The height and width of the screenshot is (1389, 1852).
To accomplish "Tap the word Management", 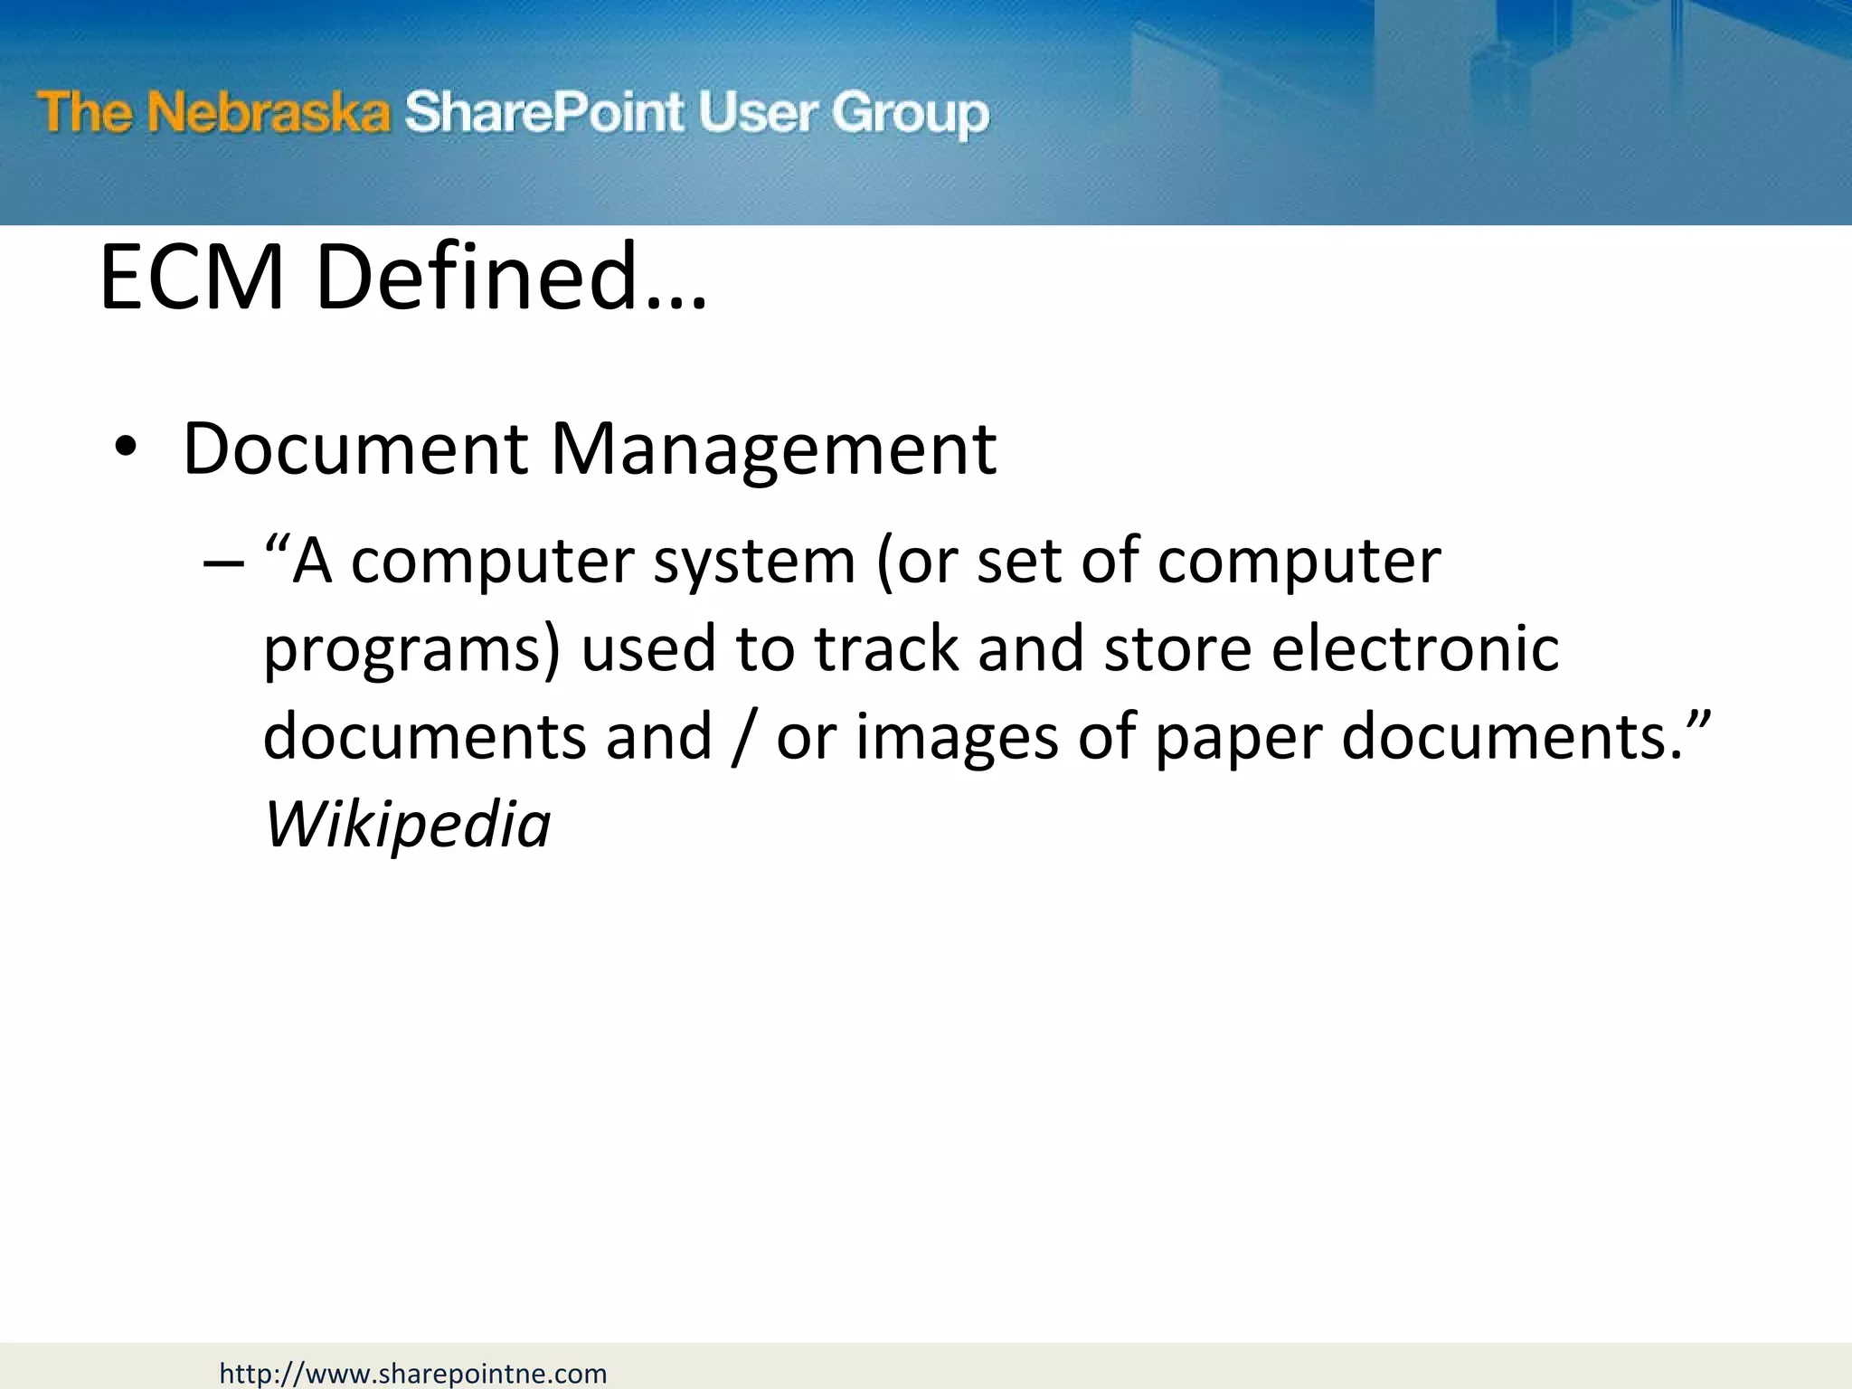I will tap(773, 449).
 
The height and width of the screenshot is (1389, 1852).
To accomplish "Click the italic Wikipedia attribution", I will tap(407, 825).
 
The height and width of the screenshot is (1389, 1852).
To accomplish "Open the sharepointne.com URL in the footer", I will tap(413, 1374).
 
